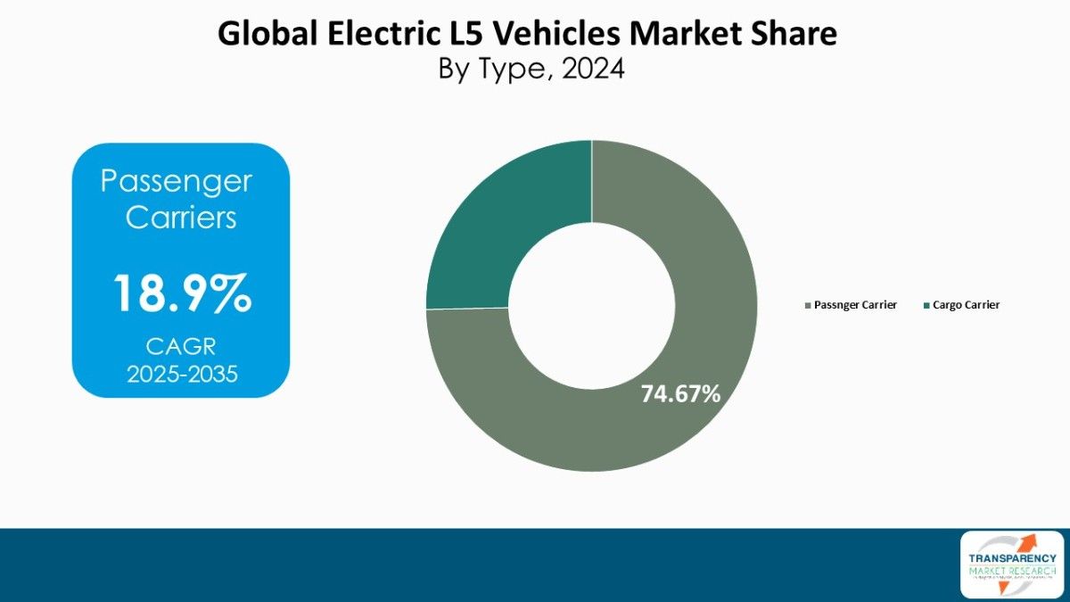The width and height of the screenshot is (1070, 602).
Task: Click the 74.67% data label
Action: coord(680,393)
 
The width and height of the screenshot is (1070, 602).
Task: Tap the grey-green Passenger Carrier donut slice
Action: coord(695,268)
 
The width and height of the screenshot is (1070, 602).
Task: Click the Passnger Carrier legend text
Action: coord(855,305)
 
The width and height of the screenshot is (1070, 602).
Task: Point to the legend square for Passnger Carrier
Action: coord(808,305)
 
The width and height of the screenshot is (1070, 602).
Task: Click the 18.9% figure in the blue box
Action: coord(181,293)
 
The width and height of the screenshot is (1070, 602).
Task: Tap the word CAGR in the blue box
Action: coord(181,345)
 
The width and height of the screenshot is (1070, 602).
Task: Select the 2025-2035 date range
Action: coord(181,374)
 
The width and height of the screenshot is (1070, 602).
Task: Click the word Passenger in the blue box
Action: coord(177,182)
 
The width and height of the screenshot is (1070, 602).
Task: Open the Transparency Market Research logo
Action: coord(1011,564)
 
